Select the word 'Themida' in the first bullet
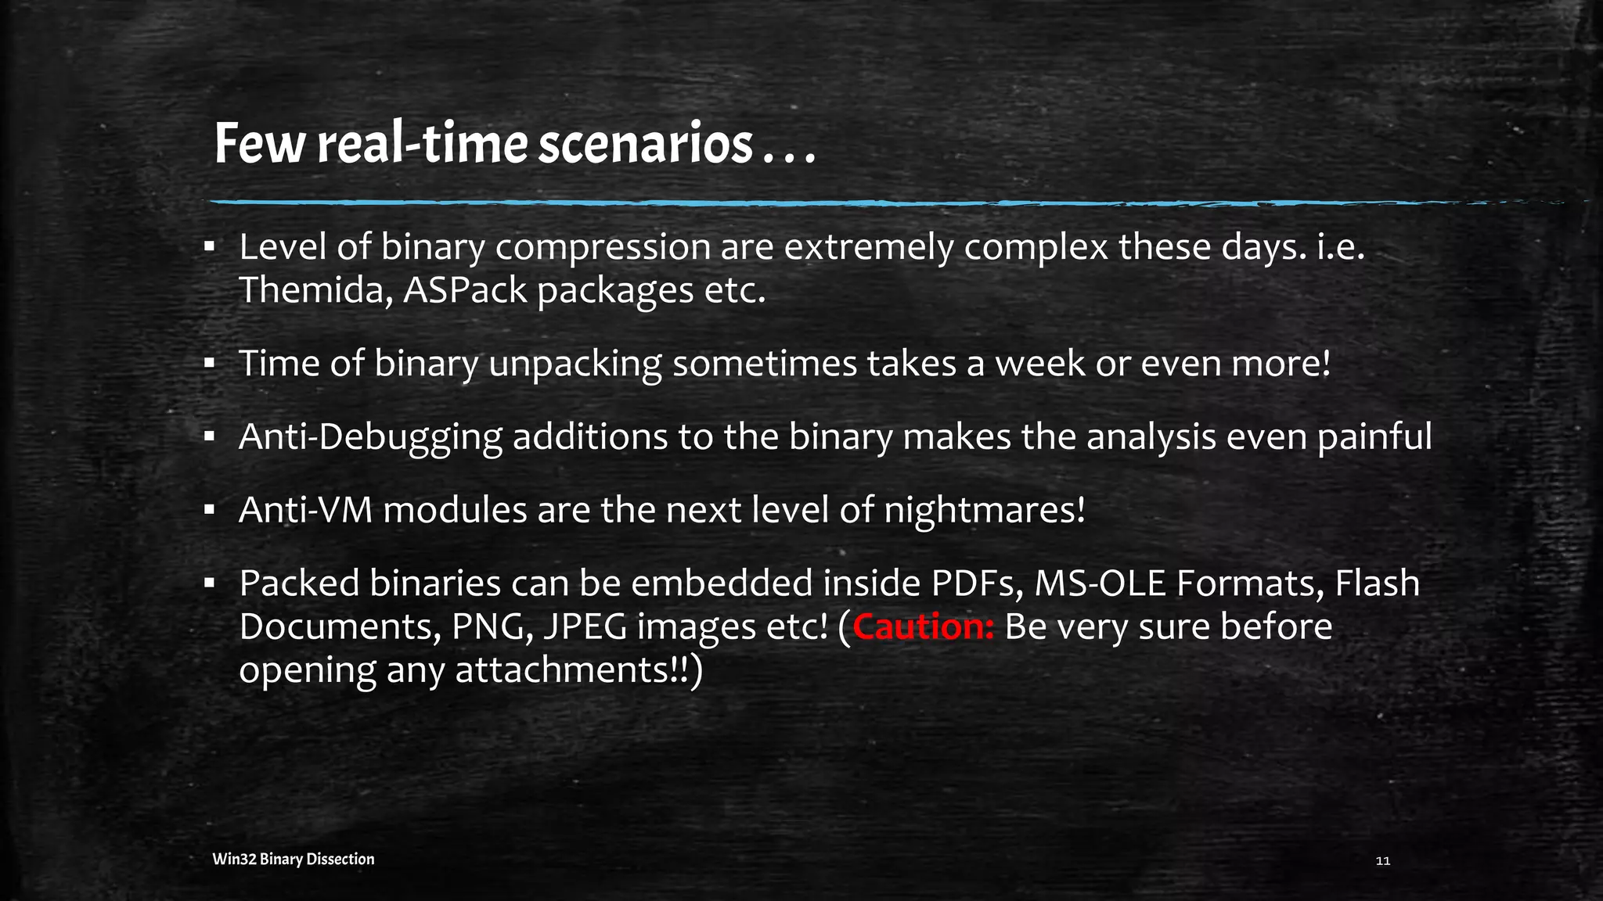pos(314,290)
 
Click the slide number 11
pos(1382,861)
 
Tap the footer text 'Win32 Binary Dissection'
pos(294,860)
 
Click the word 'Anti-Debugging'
pos(369,437)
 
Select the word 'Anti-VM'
pos(305,510)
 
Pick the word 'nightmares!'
pos(985,510)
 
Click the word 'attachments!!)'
pos(579,670)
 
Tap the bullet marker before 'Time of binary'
pos(209,364)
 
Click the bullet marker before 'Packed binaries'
pos(209,583)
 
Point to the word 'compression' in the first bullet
pos(602,248)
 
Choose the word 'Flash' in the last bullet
pos(1377,583)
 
